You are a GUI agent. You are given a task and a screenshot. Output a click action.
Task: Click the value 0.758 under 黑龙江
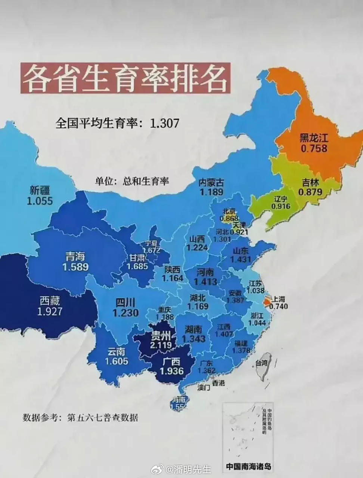coord(314,149)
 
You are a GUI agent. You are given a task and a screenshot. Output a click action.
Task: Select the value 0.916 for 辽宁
coord(281,206)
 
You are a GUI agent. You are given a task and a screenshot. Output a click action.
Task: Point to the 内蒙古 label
coord(211,183)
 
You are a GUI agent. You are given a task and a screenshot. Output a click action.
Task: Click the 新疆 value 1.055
coord(40,201)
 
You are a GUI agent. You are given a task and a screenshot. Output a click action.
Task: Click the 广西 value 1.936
coord(172,371)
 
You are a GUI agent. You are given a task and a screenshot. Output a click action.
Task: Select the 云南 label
coord(117,351)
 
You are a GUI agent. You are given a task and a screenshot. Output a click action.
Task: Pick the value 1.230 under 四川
coord(125,313)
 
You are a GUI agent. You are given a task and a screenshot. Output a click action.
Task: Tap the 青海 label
coord(75,257)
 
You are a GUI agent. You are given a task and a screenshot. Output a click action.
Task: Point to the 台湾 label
coord(262,362)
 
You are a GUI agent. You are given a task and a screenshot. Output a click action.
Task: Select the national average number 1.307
coord(164,123)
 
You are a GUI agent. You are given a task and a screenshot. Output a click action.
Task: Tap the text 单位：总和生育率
coord(132,181)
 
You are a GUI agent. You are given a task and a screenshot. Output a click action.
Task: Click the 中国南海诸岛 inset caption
coord(248,466)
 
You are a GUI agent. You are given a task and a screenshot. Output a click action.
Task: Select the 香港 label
coord(218,383)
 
